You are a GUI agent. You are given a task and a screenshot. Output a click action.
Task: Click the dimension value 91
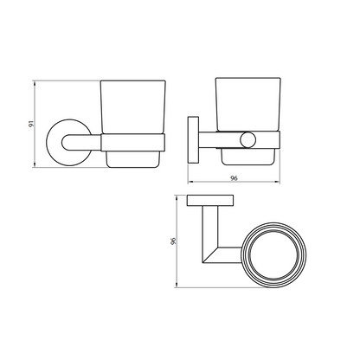coord(32,124)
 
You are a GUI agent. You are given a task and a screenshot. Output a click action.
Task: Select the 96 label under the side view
coord(234,178)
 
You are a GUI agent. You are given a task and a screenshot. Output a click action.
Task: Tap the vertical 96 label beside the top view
coord(173,241)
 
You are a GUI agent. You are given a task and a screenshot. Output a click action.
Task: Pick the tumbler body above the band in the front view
coord(133,107)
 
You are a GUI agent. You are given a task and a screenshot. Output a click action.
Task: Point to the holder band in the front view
coord(133,143)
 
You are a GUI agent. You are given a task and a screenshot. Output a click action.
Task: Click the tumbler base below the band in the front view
coord(133,159)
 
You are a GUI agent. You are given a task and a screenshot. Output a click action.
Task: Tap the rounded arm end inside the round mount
coord(66,143)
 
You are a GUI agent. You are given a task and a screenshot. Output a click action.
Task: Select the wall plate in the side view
coord(193,139)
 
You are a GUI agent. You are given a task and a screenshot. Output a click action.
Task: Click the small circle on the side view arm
coord(247,139)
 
